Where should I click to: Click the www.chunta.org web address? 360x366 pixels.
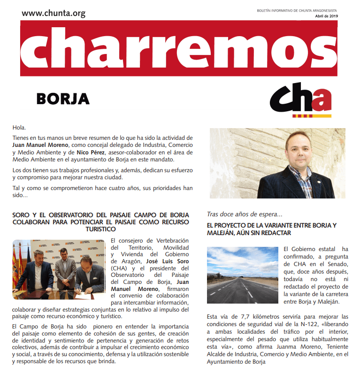(54, 13)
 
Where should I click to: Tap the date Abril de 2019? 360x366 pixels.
(326, 16)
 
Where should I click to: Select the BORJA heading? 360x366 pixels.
(62, 99)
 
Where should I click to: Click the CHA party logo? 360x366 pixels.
(300, 101)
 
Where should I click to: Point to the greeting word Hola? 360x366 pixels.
(19, 128)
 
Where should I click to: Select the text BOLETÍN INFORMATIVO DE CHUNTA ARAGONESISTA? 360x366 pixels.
(297, 10)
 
